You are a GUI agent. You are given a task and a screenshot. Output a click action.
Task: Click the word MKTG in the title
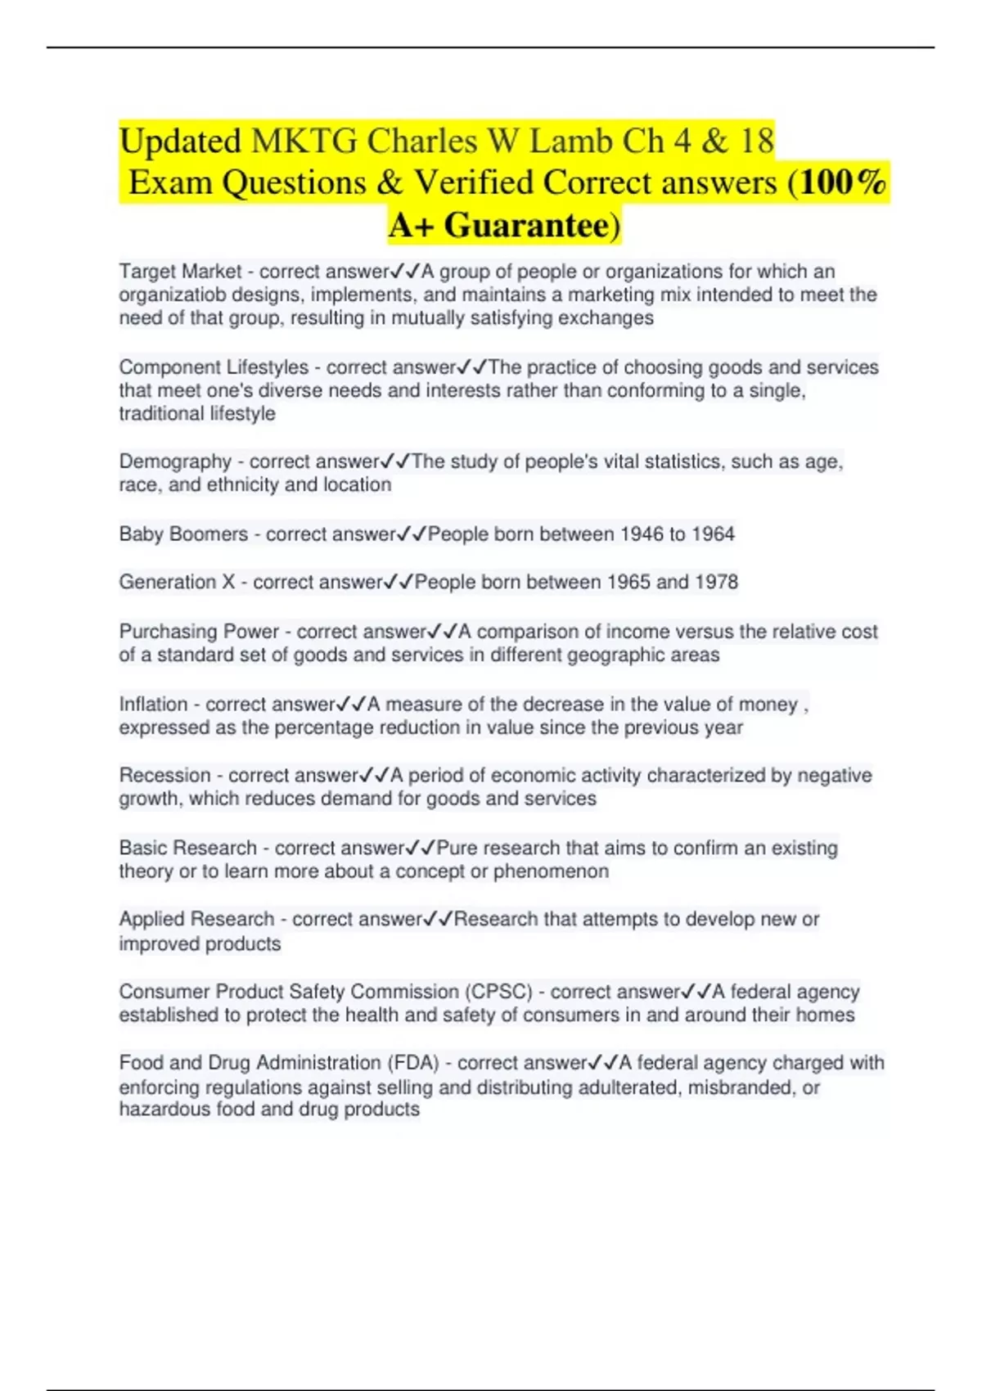pyautogui.click(x=304, y=142)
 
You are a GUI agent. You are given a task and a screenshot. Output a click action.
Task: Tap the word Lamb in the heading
pyautogui.click(x=571, y=142)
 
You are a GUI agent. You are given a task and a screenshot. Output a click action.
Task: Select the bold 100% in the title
pyautogui.click(x=844, y=182)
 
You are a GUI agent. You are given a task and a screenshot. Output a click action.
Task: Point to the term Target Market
pyautogui.click(x=180, y=272)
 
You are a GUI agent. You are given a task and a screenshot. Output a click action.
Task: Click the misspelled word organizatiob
pyautogui.click(x=169, y=295)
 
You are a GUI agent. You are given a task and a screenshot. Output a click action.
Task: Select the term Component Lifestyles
pyautogui.click(x=214, y=367)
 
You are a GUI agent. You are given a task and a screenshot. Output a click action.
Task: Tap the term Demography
pyautogui.click(x=175, y=461)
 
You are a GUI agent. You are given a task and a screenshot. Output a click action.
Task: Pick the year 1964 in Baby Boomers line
pyautogui.click(x=713, y=534)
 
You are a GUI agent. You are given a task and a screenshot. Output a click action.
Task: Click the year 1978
pyautogui.click(x=716, y=582)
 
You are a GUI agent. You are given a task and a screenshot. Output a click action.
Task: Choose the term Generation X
pyautogui.click(x=178, y=582)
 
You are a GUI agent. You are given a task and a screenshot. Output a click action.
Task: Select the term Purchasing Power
pyautogui.click(x=199, y=632)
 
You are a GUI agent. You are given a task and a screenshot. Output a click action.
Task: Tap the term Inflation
pyautogui.click(x=153, y=705)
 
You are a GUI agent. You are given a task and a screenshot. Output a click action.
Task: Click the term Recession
pyautogui.click(x=164, y=775)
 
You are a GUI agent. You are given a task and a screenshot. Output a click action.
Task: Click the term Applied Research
pyautogui.click(x=196, y=919)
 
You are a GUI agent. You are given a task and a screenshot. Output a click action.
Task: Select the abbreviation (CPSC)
pyautogui.click(x=499, y=992)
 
